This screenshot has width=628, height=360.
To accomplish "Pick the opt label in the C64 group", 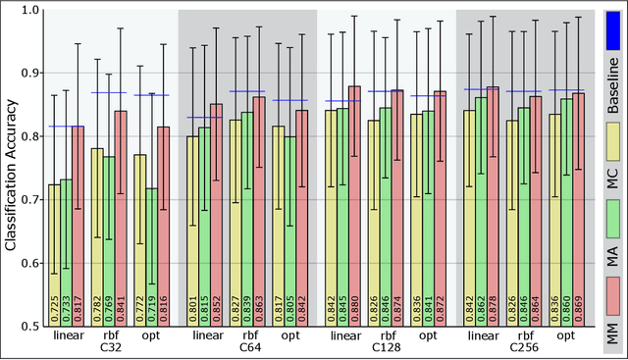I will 289,336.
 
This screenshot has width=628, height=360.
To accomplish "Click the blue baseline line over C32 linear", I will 66,126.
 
